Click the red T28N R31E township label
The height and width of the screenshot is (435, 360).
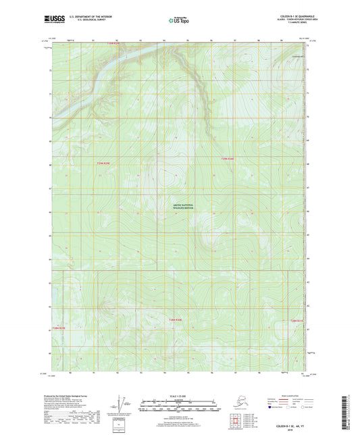coord(298,320)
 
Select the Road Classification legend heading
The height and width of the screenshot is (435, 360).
coord(279,395)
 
